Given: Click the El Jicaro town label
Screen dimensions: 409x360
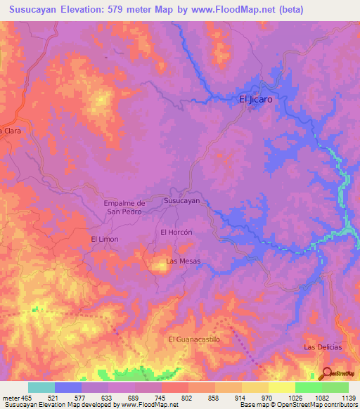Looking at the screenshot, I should click(255, 100).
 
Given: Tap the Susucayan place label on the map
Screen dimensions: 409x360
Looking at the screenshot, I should click(181, 201).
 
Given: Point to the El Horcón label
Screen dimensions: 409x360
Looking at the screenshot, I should click(176, 232).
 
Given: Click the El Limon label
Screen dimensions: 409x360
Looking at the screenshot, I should click(104, 240).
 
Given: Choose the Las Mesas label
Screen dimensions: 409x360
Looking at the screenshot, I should click(183, 261).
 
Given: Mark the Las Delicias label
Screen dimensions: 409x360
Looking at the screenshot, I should click(322, 347).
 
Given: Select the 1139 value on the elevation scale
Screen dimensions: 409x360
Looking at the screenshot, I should click(340, 398).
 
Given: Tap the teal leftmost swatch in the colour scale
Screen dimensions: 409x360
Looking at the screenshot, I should click(41, 387).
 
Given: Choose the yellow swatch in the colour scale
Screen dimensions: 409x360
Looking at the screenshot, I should click(281, 387).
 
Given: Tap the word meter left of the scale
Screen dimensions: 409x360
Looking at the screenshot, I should click(11, 398).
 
